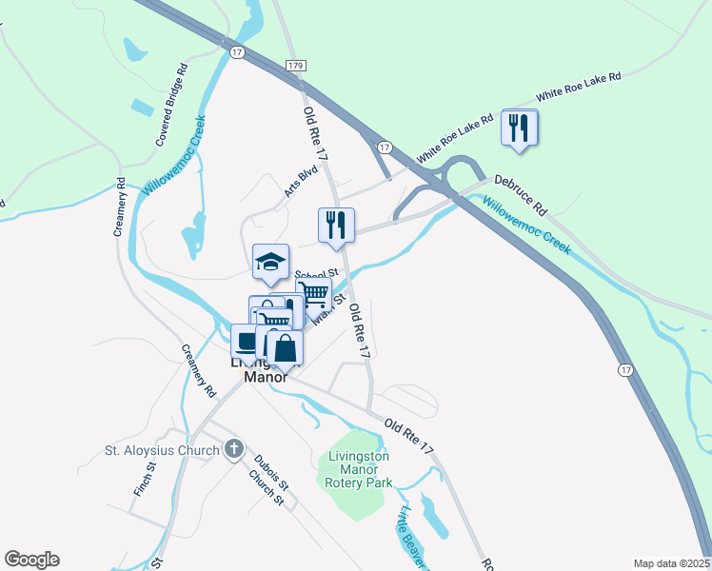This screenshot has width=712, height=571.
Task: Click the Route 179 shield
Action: coord(294,64)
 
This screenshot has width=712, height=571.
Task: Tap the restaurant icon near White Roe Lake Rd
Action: coord(520,128)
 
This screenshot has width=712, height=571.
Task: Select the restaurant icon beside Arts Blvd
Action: coord(336,225)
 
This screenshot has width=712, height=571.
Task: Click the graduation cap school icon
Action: coord(270,263)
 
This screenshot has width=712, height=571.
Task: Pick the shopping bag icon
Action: coord(285,348)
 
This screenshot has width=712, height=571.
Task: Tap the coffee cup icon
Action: coord(247,341)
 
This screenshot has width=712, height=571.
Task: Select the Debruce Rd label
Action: coord(521,193)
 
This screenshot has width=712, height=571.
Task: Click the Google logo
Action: coord(31,560)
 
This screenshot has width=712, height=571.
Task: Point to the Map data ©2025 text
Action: coord(670,563)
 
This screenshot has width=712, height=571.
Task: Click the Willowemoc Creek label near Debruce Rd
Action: coord(525,225)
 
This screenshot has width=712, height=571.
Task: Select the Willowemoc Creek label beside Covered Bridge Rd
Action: coord(174,156)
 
